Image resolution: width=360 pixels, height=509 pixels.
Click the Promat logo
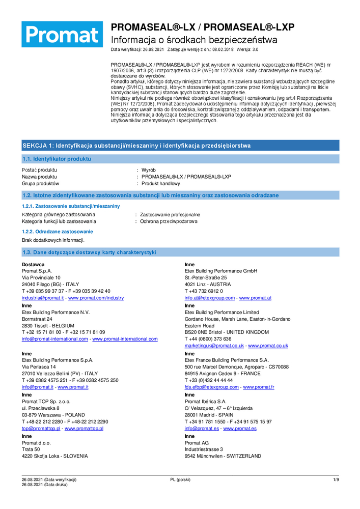[62, 35]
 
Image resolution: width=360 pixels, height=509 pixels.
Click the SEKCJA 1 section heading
[136, 146]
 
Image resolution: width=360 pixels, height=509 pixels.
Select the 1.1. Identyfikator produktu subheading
[57, 159]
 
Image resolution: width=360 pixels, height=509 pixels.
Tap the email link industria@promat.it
[43, 298]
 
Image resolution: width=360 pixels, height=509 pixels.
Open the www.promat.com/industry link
[96, 298]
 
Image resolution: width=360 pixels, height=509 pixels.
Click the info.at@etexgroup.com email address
[209, 298]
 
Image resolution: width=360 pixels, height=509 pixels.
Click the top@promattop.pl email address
[41, 429]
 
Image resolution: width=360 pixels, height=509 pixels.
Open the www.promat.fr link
[259, 387]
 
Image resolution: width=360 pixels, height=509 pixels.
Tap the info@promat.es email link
[202, 429]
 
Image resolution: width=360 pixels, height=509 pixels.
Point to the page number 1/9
[336, 480]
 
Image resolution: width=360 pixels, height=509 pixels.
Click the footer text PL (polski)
[180, 480]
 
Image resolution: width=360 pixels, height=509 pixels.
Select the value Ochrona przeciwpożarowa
[169, 221]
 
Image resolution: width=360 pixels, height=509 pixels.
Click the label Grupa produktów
[41, 183]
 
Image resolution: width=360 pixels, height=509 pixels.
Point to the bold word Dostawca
[33, 265]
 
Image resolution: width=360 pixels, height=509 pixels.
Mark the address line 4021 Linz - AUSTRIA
[207, 285]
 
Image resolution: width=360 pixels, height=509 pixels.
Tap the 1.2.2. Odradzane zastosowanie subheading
[50, 232]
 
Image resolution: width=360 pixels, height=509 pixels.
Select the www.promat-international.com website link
[125, 339]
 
